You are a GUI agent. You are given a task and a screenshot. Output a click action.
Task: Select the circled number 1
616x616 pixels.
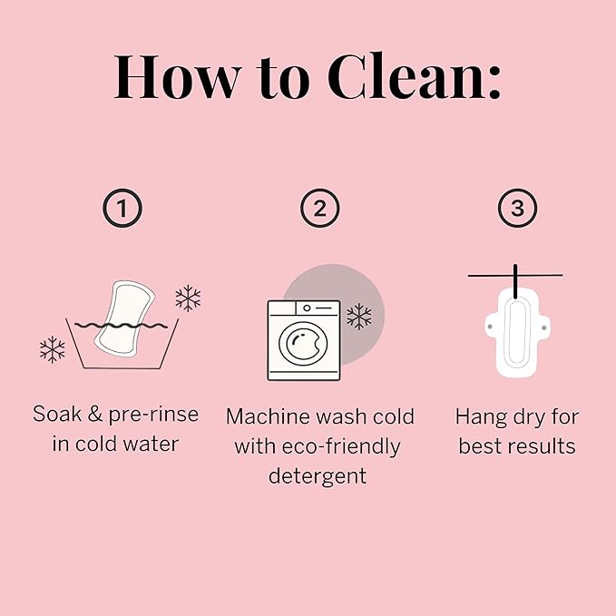(x=122, y=209)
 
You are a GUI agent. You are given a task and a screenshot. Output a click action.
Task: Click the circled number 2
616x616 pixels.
(x=319, y=209)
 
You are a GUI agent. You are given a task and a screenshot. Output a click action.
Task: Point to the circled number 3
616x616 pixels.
(x=517, y=209)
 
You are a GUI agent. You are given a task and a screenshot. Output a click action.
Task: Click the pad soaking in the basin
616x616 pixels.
(x=124, y=319)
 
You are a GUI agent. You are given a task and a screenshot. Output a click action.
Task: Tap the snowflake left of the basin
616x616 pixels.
(x=53, y=349)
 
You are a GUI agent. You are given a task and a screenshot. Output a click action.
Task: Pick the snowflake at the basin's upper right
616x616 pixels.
(x=188, y=298)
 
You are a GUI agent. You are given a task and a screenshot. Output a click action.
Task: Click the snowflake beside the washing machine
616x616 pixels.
(x=359, y=317)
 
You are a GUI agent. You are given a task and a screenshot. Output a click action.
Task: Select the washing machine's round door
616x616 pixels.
(x=303, y=343)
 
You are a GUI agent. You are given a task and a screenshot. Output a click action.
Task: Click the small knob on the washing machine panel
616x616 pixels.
(x=307, y=308)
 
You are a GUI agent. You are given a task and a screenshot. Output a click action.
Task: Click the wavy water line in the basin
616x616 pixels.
(x=121, y=326)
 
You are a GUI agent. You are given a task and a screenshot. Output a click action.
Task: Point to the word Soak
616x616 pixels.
(x=57, y=414)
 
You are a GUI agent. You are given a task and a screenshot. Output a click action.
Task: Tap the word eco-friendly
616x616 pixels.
(x=341, y=446)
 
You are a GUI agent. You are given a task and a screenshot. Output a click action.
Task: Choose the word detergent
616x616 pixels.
(x=318, y=476)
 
